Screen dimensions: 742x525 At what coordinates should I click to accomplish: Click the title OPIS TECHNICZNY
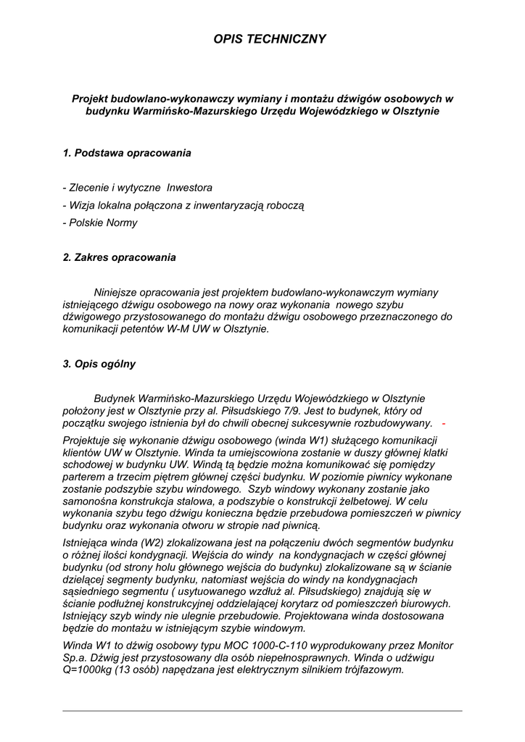click(270, 39)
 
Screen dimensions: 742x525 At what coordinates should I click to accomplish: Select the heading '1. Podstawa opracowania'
click(127, 153)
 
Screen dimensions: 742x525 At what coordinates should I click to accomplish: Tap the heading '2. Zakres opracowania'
click(120, 257)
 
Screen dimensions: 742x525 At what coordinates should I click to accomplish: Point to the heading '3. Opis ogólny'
click(99, 364)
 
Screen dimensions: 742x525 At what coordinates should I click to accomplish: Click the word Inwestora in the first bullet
click(190, 188)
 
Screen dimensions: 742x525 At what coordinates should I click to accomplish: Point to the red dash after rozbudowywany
click(444, 423)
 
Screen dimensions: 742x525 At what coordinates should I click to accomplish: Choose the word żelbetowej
click(360, 501)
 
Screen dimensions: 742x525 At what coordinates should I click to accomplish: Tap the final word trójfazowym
click(366, 670)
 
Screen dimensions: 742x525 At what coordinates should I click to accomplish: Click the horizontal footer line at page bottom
click(262, 711)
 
